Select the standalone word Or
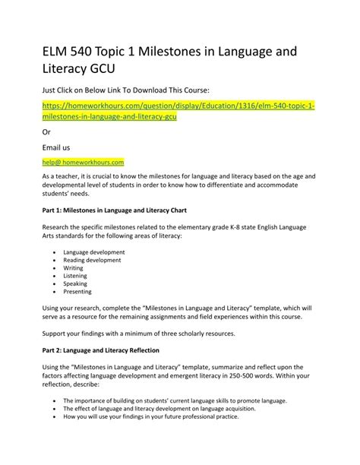coord(46,130)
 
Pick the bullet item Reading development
coord(92,261)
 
